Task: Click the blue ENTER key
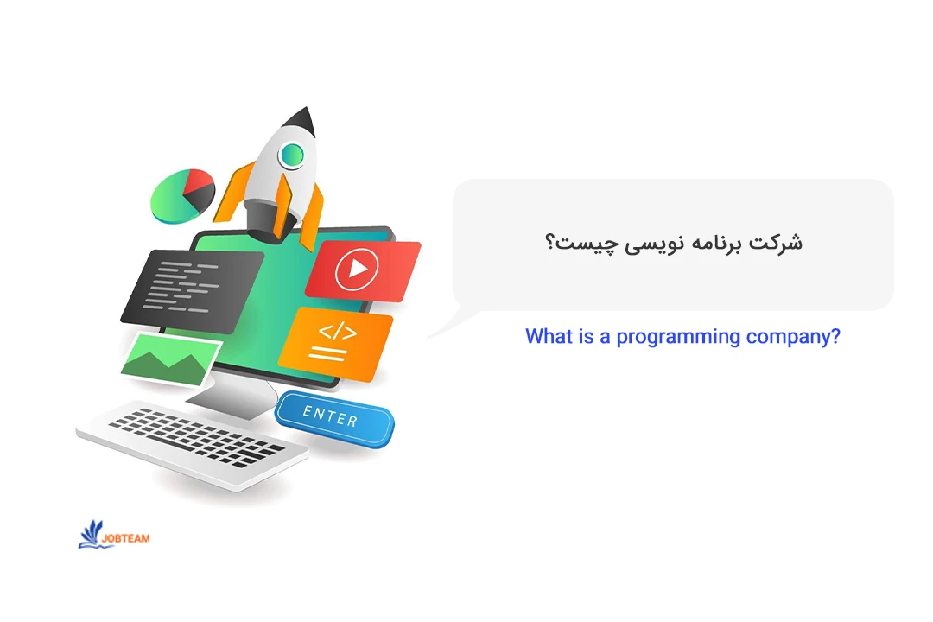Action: tap(333, 418)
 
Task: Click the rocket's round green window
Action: tap(292, 155)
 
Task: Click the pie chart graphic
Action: tap(182, 196)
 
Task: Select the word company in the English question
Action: tap(792, 337)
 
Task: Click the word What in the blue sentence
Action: tap(548, 336)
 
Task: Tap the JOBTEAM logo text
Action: tap(125, 538)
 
